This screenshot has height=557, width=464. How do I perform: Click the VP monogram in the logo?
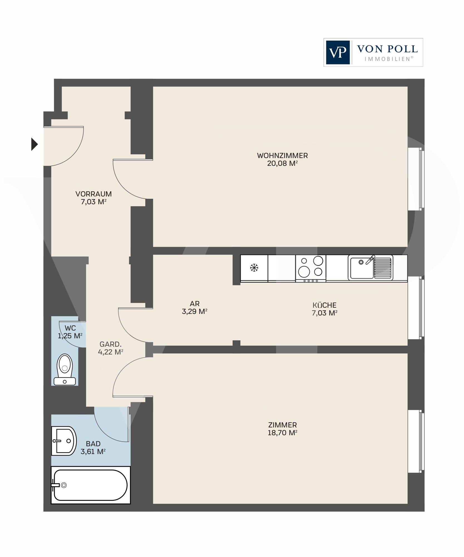(x=338, y=52)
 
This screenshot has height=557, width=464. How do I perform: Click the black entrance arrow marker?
(x=34, y=144)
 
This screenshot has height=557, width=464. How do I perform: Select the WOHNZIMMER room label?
(x=282, y=155)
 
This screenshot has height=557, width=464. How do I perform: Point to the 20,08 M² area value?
(x=282, y=163)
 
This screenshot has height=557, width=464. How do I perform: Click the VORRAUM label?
(x=94, y=194)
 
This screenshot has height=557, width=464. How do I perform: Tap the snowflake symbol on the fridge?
(x=254, y=268)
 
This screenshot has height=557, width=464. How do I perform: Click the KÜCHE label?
(x=324, y=305)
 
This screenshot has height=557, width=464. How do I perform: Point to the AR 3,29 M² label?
(x=195, y=307)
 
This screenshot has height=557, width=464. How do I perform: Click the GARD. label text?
(x=111, y=344)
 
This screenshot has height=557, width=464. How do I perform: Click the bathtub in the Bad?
(x=90, y=485)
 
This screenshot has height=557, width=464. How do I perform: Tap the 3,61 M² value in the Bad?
(x=93, y=451)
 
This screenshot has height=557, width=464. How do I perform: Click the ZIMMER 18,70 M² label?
(x=282, y=429)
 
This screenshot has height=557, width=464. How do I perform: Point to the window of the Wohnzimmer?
(x=416, y=179)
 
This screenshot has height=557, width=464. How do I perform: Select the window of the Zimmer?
(x=416, y=441)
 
